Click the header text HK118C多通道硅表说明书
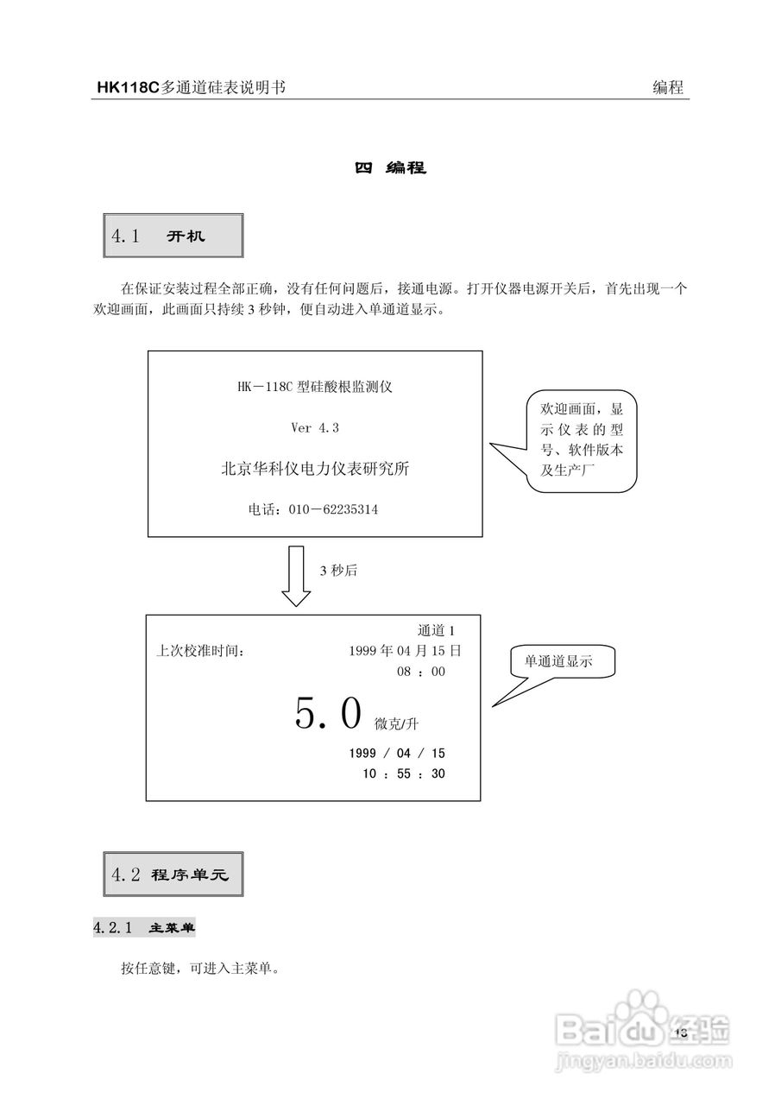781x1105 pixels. point(191,87)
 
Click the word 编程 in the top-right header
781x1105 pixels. point(668,87)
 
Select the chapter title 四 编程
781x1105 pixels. point(391,167)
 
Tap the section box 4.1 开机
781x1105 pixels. point(173,236)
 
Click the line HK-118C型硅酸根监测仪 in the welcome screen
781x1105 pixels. point(315,388)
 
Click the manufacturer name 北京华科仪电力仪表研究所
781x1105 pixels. point(315,469)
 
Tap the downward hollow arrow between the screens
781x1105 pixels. point(296,575)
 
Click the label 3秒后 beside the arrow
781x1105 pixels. point(338,571)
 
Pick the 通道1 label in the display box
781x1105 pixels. point(436,631)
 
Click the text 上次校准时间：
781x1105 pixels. point(200,651)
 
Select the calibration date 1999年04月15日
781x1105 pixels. point(405,651)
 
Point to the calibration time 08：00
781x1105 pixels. point(421,672)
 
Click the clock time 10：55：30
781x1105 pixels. point(404,773)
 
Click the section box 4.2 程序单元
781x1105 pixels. point(173,875)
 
